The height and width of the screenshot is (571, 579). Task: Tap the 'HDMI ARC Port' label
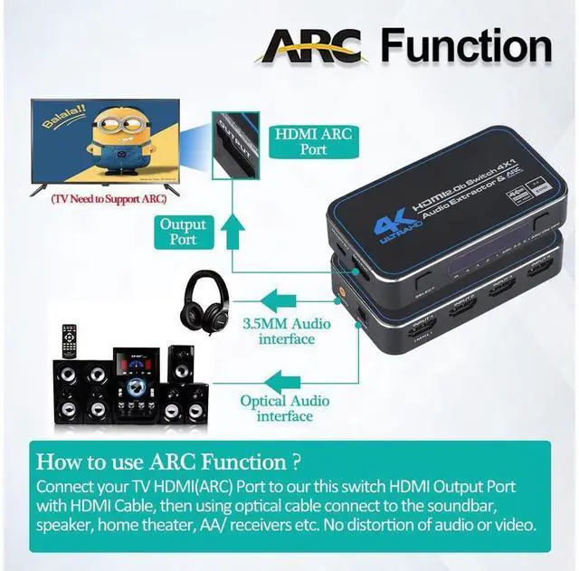313,140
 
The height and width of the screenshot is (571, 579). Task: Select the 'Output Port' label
183,233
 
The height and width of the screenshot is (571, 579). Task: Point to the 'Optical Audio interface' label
284,408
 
